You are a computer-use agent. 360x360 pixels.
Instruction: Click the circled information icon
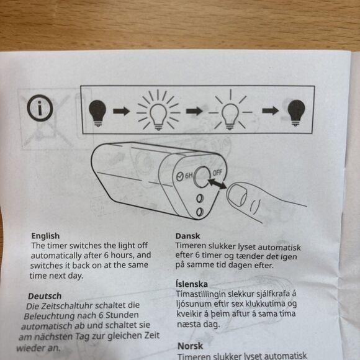tap(39, 111)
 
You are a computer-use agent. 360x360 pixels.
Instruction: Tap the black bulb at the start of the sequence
tap(98, 112)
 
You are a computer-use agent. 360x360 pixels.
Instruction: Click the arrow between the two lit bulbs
tap(194, 112)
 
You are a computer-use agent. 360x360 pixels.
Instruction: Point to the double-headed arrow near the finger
tap(217, 184)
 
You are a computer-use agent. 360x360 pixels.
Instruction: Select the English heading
tap(45, 236)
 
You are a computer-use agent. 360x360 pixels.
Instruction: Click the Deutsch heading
tap(45, 296)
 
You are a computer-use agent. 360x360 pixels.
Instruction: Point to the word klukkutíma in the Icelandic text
tap(266, 304)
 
